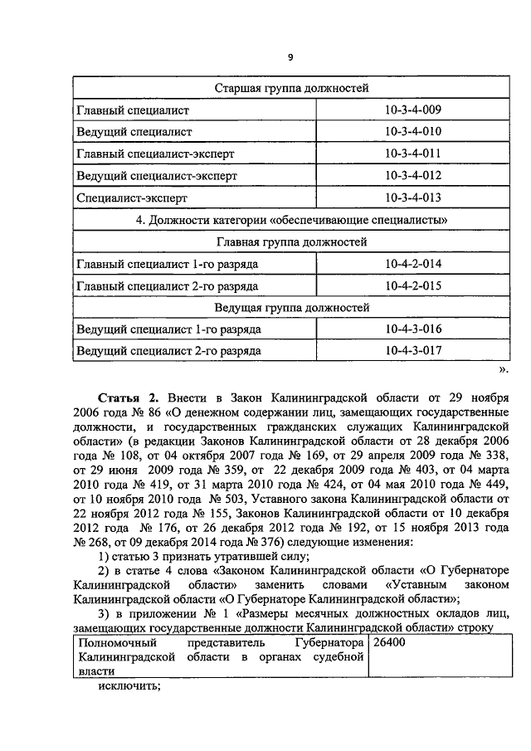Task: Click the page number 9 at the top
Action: pyautogui.click(x=290, y=56)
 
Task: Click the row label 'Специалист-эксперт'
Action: pyautogui.click(x=132, y=198)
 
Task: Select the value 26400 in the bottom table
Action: pyautogui.click(x=390, y=643)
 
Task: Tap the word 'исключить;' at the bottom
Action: pyautogui.click(x=128, y=686)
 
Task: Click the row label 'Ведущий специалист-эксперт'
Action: pyautogui.click(x=157, y=176)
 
